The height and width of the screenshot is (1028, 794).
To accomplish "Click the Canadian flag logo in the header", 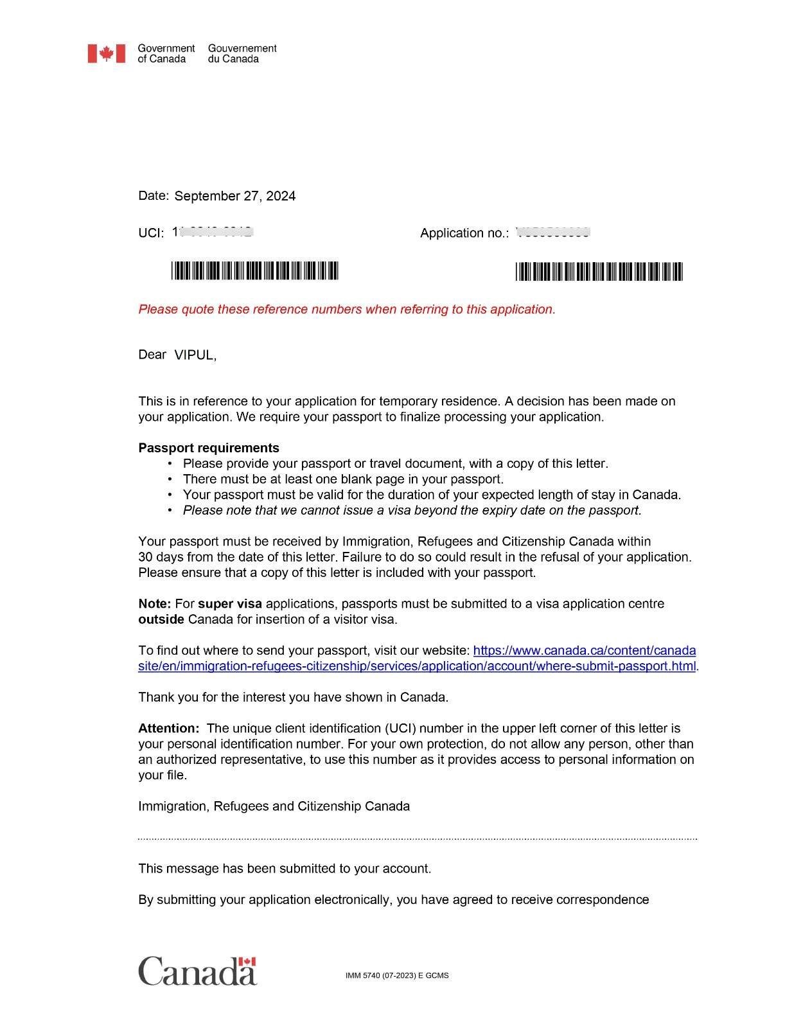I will click(106, 53).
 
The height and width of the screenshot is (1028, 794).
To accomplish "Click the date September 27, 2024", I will click(234, 196).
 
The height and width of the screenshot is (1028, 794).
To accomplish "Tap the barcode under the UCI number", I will click(254, 271).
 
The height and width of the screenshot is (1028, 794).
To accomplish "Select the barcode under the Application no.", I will click(599, 272).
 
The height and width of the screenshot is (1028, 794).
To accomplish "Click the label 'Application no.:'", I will click(464, 233).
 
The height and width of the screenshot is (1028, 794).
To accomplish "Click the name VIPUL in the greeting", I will click(194, 355).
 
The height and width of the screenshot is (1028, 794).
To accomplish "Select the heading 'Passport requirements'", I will click(209, 448).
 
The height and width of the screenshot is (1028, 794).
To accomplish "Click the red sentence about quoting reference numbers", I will click(347, 309).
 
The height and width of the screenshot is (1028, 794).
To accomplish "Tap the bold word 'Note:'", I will click(154, 604).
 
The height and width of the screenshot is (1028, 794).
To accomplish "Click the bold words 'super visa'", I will click(230, 604).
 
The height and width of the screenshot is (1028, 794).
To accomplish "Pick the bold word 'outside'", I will click(161, 619).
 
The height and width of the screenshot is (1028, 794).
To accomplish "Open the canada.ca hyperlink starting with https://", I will click(584, 650).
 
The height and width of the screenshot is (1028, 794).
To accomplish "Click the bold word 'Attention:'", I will click(169, 729).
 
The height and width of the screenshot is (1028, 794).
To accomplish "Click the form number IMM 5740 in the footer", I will click(396, 975).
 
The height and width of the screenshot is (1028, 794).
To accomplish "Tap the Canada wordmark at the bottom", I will click(197, 971).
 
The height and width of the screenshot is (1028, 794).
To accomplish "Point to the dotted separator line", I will click(418, 838).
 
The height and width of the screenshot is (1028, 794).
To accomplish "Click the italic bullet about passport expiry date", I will click(412, 510).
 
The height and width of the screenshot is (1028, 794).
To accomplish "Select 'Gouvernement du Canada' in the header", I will click(242, 53).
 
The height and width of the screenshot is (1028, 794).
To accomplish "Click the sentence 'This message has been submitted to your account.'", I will click(285, 869).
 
